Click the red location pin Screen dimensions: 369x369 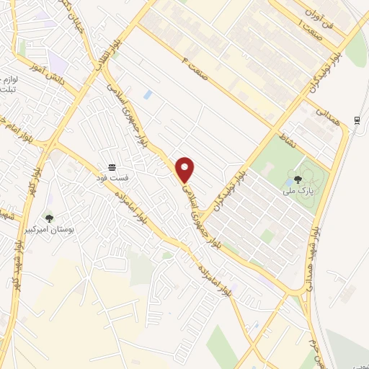tap(185, 169)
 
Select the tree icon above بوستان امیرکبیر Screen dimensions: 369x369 tap(49, 218)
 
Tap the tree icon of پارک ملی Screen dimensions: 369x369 tap(297, 180)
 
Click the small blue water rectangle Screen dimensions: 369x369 tap(148, 94)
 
